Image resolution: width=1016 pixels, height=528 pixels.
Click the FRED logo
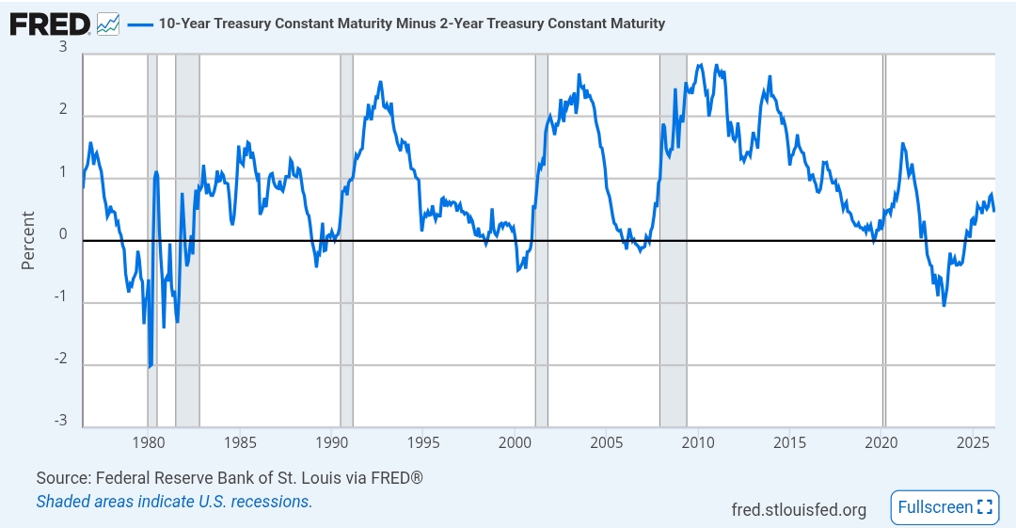[50, 24]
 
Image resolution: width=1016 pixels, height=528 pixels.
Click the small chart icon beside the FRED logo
[108, 24]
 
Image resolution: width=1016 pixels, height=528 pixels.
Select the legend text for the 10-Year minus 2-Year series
[411, 24]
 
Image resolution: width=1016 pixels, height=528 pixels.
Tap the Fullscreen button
[944, 507]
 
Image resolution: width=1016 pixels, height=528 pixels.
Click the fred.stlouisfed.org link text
[799, 509]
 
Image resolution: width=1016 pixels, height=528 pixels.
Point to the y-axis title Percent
[28, 240]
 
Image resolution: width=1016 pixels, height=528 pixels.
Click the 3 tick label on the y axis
[63, 47]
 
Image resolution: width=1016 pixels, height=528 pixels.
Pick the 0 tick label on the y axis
[63, 234]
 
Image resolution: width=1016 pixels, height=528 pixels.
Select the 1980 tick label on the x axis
[148, 442]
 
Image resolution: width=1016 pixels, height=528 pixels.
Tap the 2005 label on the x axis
[607, 442]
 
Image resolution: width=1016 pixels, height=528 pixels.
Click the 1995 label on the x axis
[423, 442]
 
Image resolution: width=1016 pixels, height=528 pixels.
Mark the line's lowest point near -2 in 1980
[150, 366]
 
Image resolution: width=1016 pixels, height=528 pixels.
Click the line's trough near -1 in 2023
[944, 305]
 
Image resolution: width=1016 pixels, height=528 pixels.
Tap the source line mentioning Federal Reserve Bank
[230, 478]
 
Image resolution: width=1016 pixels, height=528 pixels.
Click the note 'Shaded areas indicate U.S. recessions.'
[174, 502]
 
